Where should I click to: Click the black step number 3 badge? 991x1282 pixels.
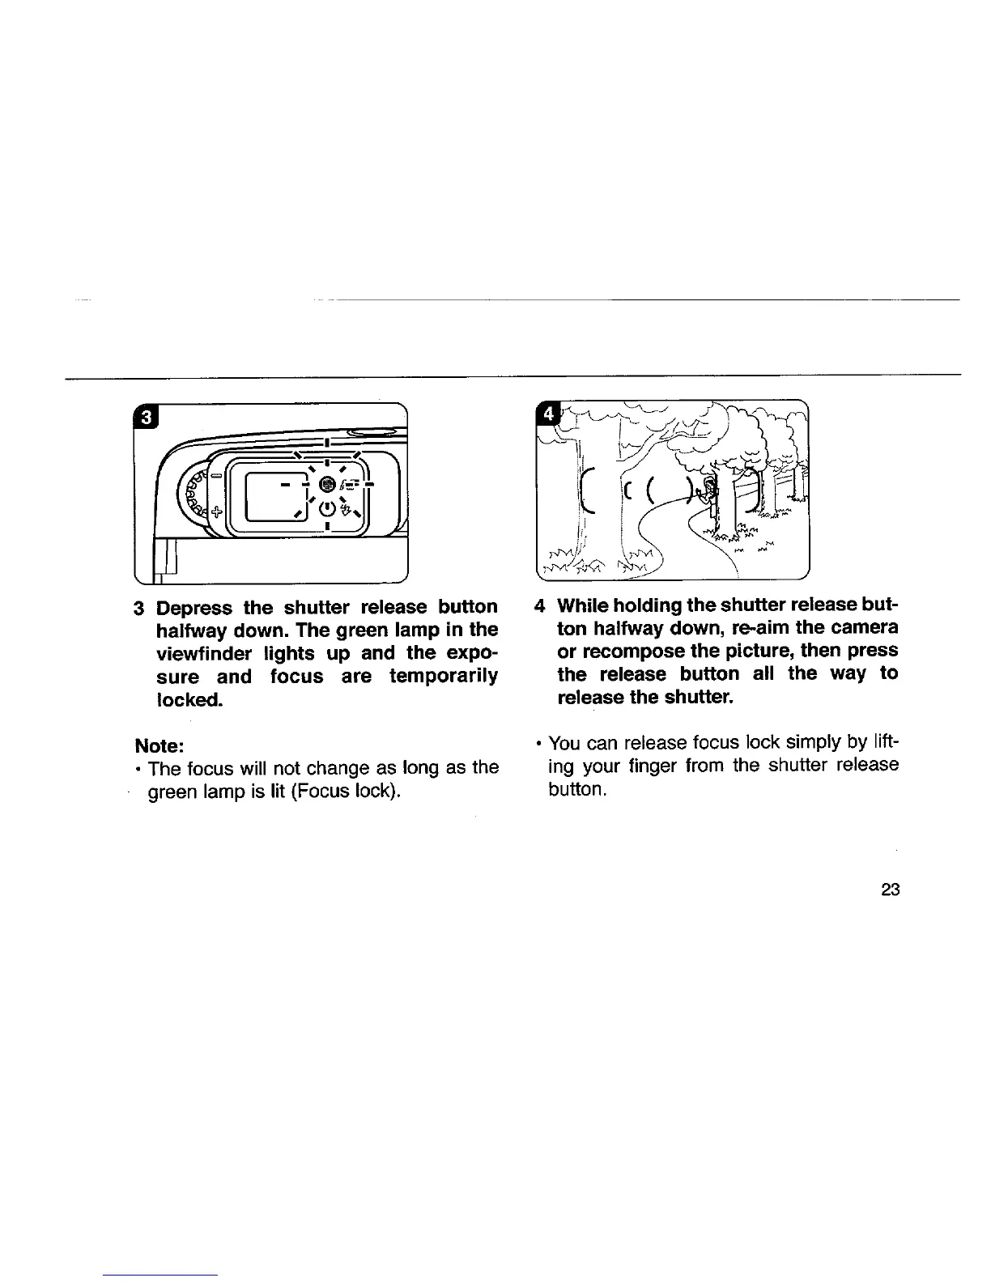pos(146,418)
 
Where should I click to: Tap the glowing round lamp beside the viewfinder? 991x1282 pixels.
pos(326,484)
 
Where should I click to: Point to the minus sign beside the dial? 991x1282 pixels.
pos(217,476)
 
